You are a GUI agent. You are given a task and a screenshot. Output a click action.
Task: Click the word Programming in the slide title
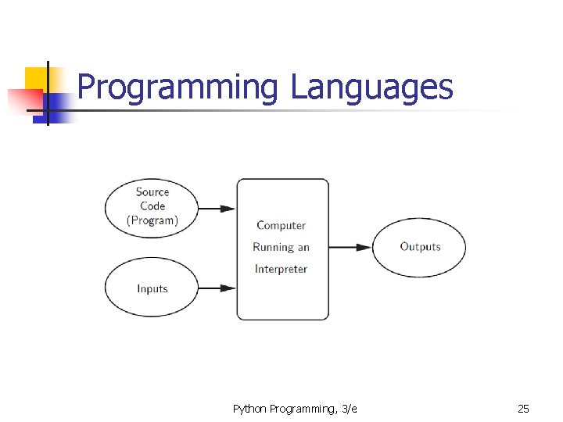point(178,88)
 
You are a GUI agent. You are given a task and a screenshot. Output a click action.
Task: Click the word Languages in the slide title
point(371,88)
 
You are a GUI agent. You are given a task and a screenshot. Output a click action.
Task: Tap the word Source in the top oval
point(152,192)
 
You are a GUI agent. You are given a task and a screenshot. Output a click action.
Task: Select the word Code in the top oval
point(152,206)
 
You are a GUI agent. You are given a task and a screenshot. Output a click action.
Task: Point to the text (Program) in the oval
point(152,220)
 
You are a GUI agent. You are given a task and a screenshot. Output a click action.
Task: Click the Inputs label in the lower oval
point(152,288)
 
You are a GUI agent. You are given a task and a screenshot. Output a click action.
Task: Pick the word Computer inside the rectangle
point(281,226)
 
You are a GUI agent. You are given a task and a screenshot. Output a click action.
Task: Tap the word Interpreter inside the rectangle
point(281,269)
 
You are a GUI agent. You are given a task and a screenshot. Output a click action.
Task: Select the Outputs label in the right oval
point(420,247)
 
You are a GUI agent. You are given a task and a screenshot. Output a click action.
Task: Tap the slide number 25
point(523,409)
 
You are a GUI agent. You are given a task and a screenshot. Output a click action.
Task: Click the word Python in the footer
point(249,409)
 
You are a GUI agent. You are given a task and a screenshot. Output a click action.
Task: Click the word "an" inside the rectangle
point(303,247)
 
